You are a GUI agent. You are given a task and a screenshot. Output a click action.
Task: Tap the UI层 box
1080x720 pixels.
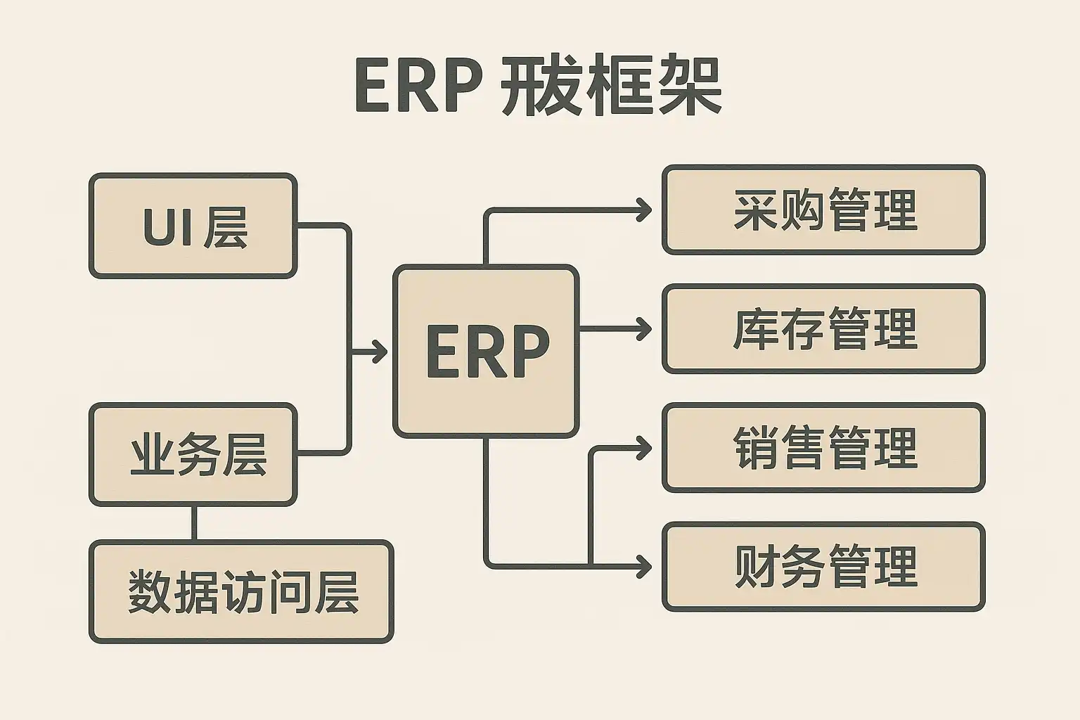[x=193, y=226]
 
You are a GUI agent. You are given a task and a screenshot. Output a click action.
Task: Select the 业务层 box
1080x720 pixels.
[x=193, y=454]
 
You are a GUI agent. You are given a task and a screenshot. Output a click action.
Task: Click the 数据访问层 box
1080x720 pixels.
[x=241, y=591]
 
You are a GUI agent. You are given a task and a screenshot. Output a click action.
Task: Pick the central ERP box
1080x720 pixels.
[x=487, y=351]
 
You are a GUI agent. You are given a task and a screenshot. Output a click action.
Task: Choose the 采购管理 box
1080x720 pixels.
[x=823, y=210]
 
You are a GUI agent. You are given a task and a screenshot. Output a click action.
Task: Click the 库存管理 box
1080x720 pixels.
[x=823, y=328]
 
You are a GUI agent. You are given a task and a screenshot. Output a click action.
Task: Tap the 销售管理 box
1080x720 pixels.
[x=823, y=447]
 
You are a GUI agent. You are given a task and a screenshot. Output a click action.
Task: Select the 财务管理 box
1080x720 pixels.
[x=823, y=566]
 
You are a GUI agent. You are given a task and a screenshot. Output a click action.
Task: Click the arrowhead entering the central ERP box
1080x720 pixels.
[x=380, y=351]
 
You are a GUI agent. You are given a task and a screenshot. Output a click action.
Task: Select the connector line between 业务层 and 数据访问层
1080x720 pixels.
[x=194, y=523]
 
